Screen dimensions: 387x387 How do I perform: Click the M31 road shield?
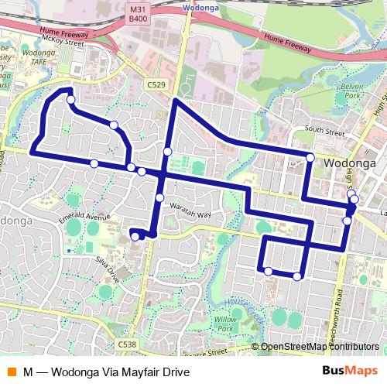pyautogui.click(x=138, y=7)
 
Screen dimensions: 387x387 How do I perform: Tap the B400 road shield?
pyautogui.click(x=138, y=17)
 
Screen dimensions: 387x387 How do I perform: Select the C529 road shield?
pyautogui.click(x=156, y=84)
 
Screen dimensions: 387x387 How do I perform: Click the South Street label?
pyautogui.click(x=324, y=131)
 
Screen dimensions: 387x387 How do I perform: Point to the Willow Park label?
pyautogui.click(x=225, y=323)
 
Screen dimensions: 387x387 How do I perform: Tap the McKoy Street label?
pyautogui.click(x=63, y=43)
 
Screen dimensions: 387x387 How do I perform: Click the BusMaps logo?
pyautogui.click(x=349, y=372)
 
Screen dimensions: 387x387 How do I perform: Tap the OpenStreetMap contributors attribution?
pyautogui.click(x=319, y=347)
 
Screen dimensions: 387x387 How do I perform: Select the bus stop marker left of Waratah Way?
pyautogui.click(x=159, y=198)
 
